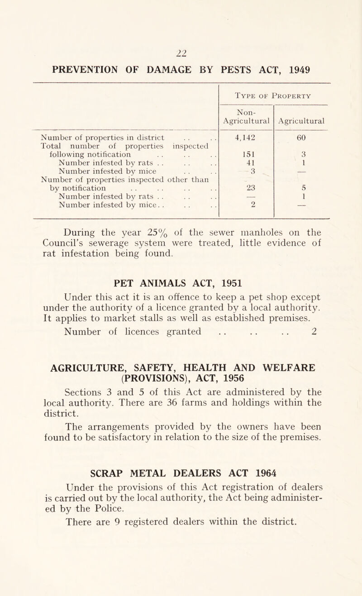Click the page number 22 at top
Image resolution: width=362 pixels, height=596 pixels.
pos(181,39)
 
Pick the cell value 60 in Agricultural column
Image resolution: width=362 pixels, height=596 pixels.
pos(304,137)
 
